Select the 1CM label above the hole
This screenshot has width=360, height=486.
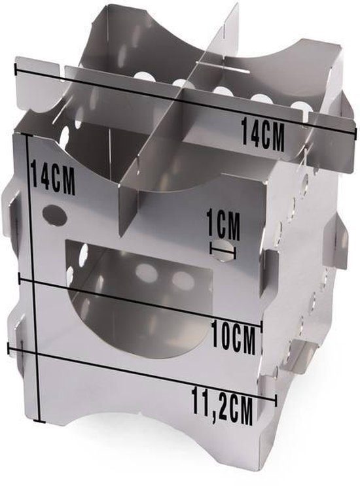(223, 224)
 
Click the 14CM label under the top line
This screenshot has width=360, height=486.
(263, 133)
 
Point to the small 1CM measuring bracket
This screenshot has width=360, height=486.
(223, 248)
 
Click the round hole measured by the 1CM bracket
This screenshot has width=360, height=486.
(223, 251)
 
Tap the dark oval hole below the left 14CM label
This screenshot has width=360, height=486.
(55, 215)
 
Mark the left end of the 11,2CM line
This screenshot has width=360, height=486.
(9, 346)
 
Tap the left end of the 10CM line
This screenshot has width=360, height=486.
(22, 279)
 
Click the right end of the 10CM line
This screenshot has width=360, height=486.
(261, 323)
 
